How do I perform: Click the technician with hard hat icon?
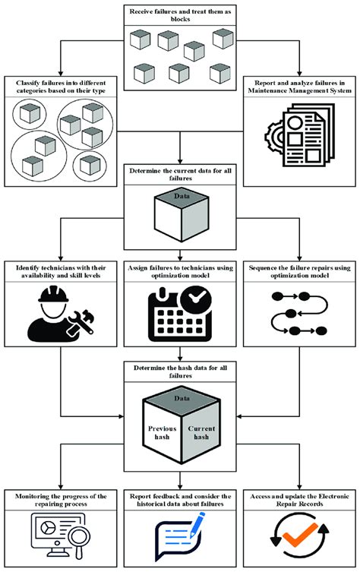57,312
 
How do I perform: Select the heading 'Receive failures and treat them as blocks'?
179,14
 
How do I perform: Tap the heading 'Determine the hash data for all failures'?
179,373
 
